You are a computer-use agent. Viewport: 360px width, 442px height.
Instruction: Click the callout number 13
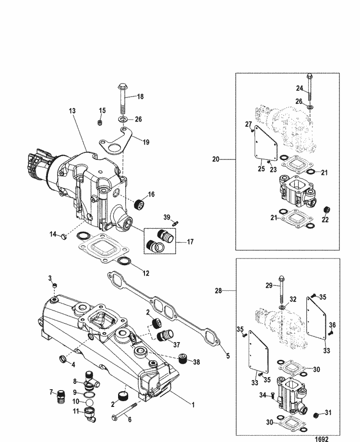pos(72,111)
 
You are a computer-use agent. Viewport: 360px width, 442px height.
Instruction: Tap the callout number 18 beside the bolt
pos(140,97)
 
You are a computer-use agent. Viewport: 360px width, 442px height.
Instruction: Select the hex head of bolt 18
pos(122,85)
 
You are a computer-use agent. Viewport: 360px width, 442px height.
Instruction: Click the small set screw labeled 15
pos(99,123)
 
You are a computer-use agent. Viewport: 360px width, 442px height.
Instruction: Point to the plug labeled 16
pos(139,204)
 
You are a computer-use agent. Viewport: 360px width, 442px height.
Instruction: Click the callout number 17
pos(190,242)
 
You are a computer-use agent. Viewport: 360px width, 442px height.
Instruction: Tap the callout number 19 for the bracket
pos(146,142)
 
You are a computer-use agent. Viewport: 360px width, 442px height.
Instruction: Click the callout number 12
pos(146,273)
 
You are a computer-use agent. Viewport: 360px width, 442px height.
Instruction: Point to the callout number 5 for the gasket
pos(228,356)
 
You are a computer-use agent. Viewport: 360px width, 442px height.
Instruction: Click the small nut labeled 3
pos(55,285)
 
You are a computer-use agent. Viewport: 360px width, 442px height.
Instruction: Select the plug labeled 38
pos(184,359)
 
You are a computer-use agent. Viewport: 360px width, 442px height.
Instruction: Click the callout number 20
pos(216,160)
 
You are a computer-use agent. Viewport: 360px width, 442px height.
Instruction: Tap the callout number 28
pos(218,291)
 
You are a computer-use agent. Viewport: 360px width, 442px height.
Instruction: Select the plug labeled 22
pos(327,210)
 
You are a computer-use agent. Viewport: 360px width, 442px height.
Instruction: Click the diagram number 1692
pos(322,439)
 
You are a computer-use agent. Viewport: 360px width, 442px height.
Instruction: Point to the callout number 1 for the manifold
pos(193,405)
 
